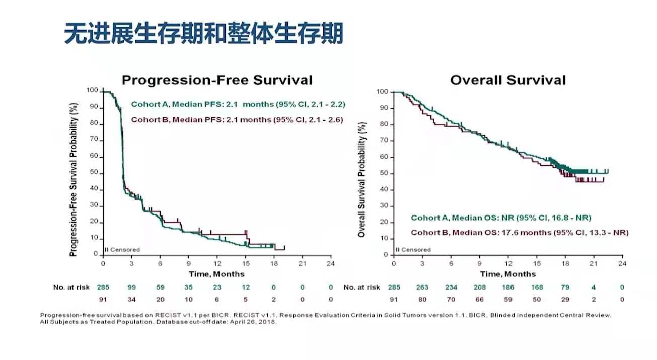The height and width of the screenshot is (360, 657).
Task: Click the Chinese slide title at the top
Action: point(203,34)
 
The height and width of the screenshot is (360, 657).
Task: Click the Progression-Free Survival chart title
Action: point(217,80)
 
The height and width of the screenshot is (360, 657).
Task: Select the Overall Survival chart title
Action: point(508,80)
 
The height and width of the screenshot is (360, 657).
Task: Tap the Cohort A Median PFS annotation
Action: point(238,105)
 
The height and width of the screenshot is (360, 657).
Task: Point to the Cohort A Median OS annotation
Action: point(501,218)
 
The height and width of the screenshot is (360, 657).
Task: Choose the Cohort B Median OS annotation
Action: point(520,233)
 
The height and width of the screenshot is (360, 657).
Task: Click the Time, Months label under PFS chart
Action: point(216,274)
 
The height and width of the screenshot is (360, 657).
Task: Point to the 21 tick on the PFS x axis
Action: point(302,263)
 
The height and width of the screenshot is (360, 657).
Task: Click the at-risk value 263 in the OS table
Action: point(422,287)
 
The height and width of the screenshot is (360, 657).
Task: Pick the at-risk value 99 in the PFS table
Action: point(131,287)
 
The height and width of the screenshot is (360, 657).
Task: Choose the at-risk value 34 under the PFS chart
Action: point(131,299)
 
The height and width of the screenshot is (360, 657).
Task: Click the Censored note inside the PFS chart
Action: point(122,250)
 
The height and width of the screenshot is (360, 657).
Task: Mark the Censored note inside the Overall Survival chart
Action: point(413,250)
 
